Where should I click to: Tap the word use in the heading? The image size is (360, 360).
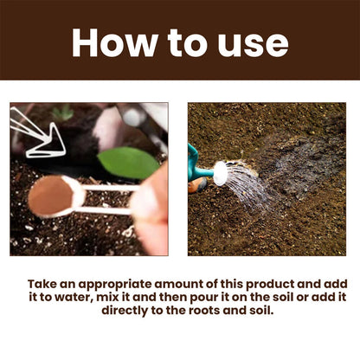[252, 42]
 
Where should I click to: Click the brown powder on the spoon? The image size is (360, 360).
[50, 196]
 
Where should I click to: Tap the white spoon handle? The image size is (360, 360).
[108, 198]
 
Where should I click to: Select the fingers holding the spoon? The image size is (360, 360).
[154, 212]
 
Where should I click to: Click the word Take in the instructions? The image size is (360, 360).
[45, 283]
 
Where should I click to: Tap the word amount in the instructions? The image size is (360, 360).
[196, 283]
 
